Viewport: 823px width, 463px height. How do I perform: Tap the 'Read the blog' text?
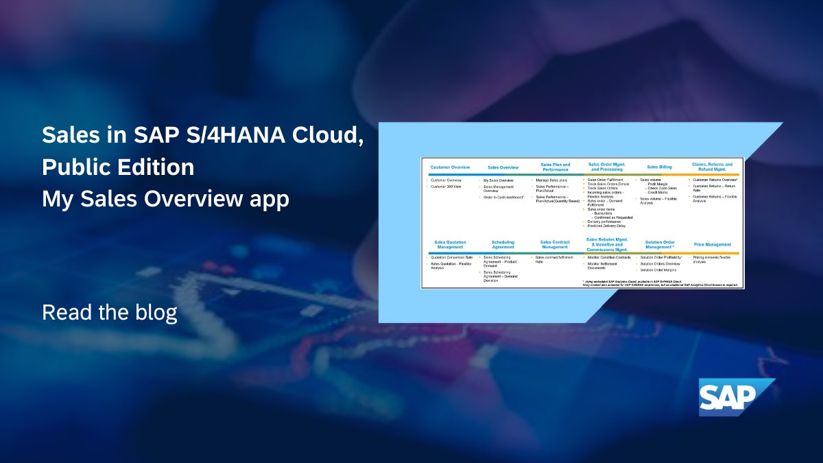click(110, 312)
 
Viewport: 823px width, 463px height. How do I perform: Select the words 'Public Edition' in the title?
click(118, 167)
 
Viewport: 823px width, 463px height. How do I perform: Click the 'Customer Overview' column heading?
click(450, 167)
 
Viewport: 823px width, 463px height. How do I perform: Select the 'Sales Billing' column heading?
click(660, 167)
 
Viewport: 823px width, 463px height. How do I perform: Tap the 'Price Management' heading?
click(713, 244)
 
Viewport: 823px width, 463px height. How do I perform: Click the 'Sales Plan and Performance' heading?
click(555, 167)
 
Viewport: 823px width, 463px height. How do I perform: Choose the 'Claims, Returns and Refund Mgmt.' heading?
click(713, 167)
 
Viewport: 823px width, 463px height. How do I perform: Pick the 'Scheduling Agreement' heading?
click(503, 244)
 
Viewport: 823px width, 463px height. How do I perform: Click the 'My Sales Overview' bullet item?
click(499, 180)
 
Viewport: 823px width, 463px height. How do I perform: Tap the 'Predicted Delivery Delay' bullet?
click(606, 226)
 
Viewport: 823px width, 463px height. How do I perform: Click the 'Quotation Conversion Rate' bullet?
click(451, 257)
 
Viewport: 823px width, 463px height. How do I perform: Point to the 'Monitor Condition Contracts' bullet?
click(609, 257)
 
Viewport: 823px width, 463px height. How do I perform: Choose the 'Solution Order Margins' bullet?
click(658, 270)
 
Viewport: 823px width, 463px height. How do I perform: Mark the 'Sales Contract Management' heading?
click(555, 244)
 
